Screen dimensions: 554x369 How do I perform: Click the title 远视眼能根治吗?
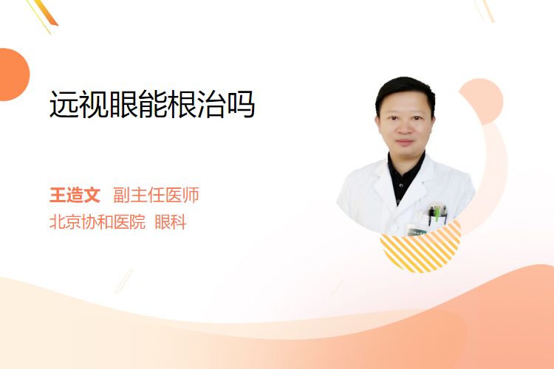click(152, 104)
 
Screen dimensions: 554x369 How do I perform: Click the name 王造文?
click(75, 195)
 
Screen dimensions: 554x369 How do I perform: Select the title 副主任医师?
click(156, 195)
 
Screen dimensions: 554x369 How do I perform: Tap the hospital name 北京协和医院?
click(98, 222)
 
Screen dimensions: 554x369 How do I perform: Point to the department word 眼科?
click(171, 222)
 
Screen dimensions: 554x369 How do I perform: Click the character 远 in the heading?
click(64, 104)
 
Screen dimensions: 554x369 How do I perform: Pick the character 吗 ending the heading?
click(241, 105)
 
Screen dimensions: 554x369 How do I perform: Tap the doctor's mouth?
click(405, 142)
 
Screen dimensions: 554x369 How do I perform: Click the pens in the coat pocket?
click(437, 213)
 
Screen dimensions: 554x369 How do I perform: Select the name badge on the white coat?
click(416, 230)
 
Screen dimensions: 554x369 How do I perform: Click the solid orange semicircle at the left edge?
click(13, 75)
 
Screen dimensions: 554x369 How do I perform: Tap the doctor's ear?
click(377, 121)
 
